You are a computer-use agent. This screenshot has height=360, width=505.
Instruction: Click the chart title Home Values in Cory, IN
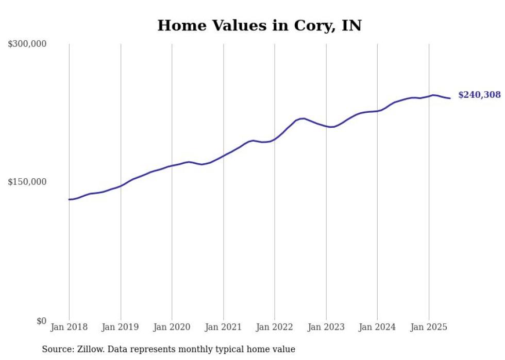pyautogui.click(x=259, y=25)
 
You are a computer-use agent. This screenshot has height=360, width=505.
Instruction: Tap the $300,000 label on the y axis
pyautogui.click(x=27, y=44)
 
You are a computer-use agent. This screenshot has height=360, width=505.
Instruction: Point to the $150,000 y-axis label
pyautogui.click(x=27, y=182)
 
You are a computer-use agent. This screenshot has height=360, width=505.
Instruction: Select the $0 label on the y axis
pyautogui.click(x=41, y=321)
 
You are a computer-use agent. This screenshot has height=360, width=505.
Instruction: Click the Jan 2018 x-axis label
pyautogui.click(x=69, y=327)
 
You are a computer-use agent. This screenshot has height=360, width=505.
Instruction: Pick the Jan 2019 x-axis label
pyautogui.click(x=121, y=327)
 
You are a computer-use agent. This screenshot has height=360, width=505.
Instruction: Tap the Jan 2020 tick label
pyautogui.click(x=172, y=327)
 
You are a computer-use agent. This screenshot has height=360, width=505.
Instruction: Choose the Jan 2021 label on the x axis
pyautogui.click(x=223, y=327)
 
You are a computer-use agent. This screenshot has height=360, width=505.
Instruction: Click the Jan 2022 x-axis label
pyautogui.click(x=275, y=327)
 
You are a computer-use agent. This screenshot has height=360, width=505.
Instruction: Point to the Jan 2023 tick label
pyautogui.click(x=326, y=327)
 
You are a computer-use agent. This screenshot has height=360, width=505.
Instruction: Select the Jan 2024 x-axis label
pyautogui.click(x=377, y=327)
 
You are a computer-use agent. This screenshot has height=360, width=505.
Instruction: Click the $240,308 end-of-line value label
pyautogui.click(x=479, y=95)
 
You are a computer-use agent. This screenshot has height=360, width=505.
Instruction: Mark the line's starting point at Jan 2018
pyautogui.click(x=69, y=199)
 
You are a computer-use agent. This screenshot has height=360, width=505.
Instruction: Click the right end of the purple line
pyautogui.click(x=450, y=98)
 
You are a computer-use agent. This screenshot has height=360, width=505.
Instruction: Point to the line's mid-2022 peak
pyautogui.click(x=302, y=118)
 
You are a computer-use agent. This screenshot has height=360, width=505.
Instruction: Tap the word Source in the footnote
pyautogui.click(x=56, y=349)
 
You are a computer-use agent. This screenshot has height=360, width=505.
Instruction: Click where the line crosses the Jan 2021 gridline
pyautogui.click(x=223, y=156)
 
